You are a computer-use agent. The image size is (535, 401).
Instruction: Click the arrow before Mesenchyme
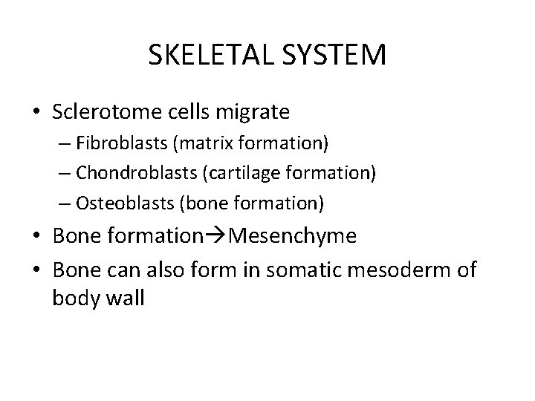click(215, 236)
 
